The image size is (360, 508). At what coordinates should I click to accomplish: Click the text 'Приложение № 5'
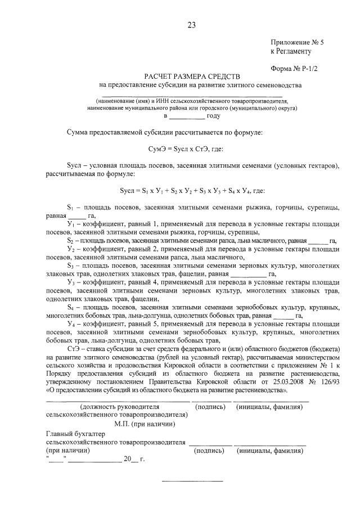[x=297, y=42]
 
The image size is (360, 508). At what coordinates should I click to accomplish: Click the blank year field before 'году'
[x=187, y=116]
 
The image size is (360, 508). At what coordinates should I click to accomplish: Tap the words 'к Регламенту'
[x=290, y=51]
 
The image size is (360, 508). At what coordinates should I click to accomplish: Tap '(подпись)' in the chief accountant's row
[x=210, y=451]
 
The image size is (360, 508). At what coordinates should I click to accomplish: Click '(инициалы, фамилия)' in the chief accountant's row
[x=272, y=451]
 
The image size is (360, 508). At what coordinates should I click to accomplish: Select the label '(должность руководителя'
[x=120, y=406]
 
